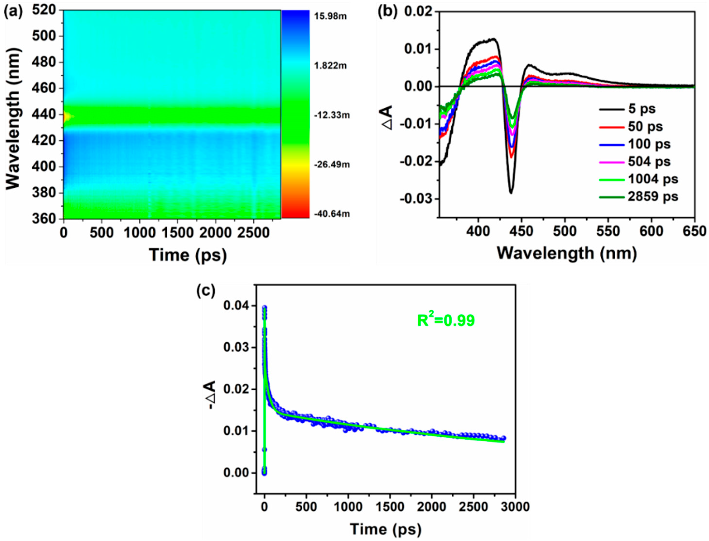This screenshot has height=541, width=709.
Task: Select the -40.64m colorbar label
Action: tap(332, 214)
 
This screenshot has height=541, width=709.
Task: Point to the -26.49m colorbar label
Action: tap(332, 165)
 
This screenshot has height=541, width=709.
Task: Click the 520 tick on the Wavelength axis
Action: tap(43, 10)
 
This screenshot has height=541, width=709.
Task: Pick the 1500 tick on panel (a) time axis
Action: tap(177, 233)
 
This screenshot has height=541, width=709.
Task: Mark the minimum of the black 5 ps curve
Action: tap(511, 193)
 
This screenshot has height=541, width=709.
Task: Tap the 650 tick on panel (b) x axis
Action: tap(694, 231)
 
